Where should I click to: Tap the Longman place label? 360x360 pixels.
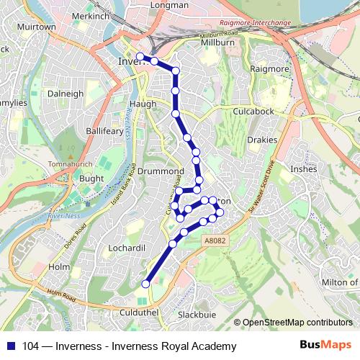point(169,5)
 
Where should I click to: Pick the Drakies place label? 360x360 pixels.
point(262,140)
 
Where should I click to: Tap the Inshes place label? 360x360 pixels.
point(302,169)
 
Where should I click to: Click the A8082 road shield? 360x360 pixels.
point(214,242)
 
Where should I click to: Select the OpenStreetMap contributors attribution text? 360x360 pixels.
point(299,323)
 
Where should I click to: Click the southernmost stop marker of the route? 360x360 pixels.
point(145,284)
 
